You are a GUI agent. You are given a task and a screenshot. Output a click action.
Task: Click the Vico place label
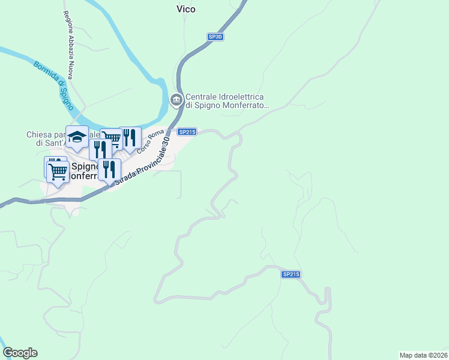click(x=186, y=9)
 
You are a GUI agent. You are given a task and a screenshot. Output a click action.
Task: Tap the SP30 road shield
click(x=215, y=37)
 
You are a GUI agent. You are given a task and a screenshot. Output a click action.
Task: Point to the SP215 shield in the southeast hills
click(x=291, y=274)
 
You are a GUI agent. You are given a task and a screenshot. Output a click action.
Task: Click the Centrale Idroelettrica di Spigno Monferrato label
click(x=225, y=101)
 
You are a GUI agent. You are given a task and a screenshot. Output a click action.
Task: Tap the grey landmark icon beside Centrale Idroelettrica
click(x=176, y=100)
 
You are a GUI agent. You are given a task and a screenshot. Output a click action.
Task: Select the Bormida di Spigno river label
click(x=53, y=85)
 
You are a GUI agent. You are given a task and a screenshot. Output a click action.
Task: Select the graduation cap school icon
click(x=77, y=137)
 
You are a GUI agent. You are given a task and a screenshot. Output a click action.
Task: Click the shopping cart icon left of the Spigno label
click(x=58, y=172)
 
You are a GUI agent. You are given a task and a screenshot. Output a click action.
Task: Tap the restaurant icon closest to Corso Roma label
click(x=130, y=137)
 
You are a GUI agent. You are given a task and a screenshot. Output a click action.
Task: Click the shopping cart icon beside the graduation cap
click(x=111, y=139)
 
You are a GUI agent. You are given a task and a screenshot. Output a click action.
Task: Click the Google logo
click(x=20, y=353)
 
